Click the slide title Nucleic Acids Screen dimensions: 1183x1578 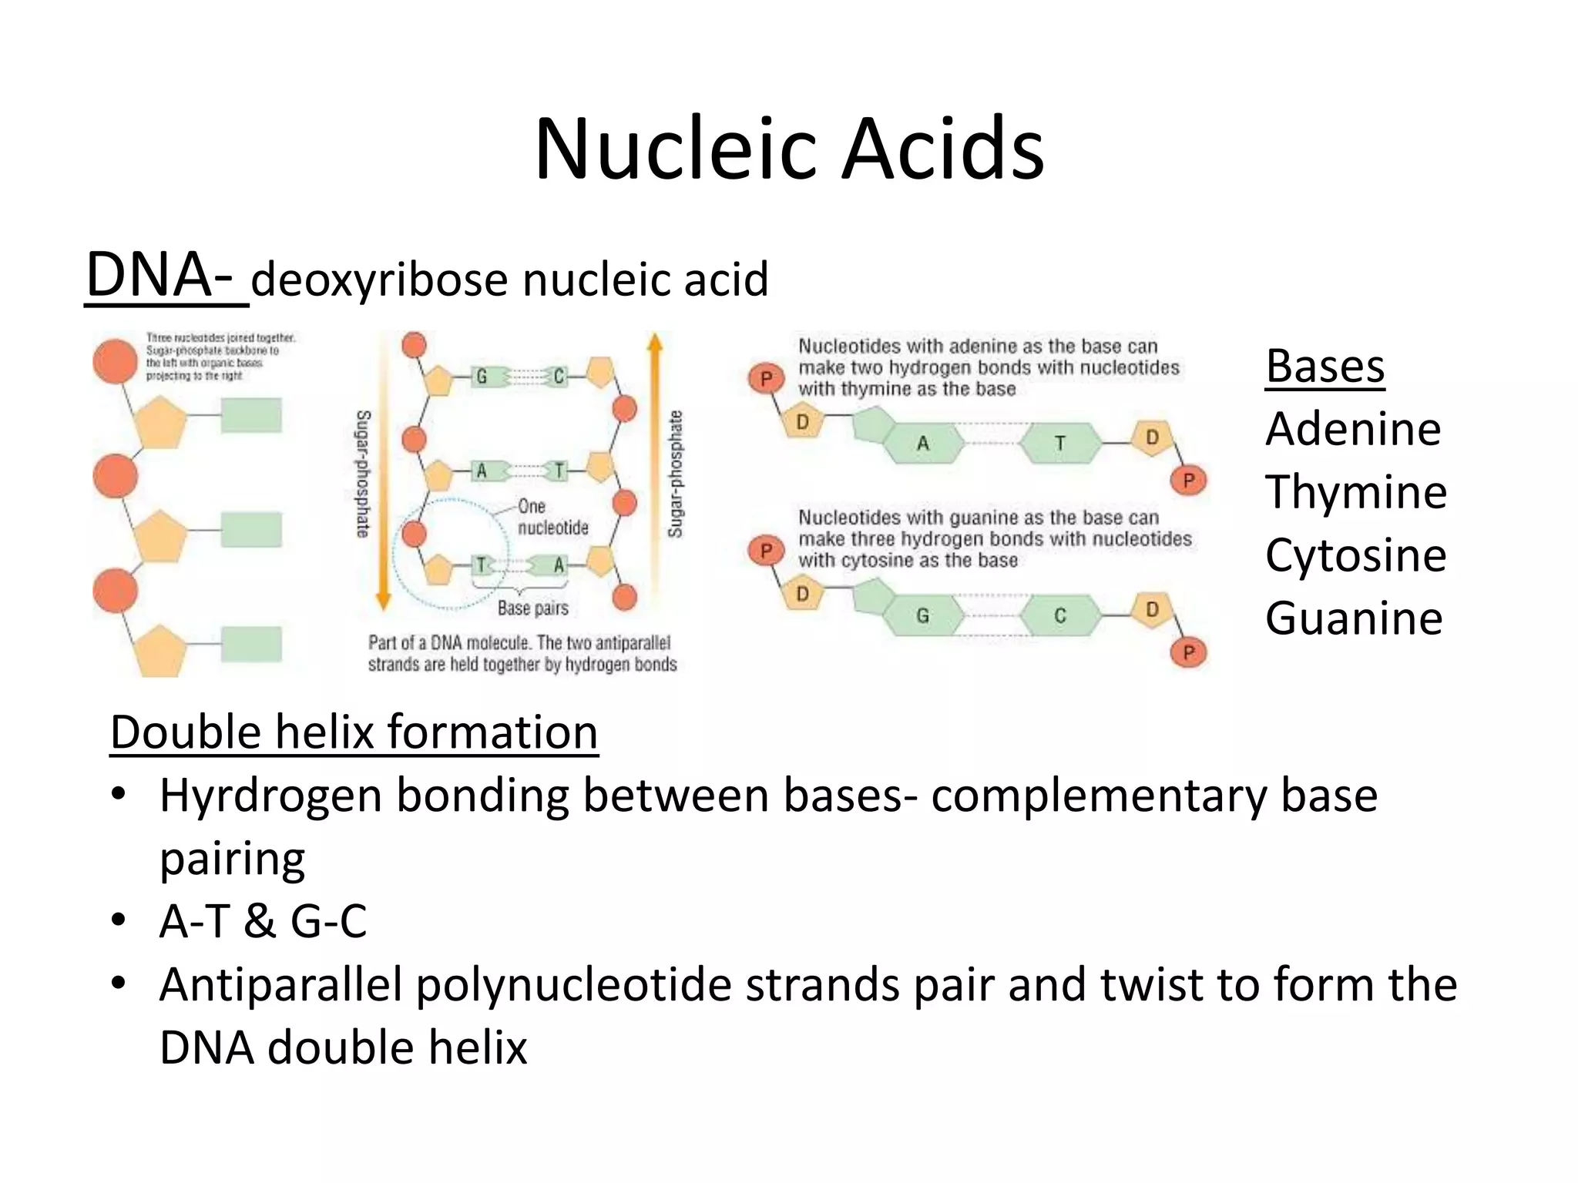789,149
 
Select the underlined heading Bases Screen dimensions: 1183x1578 1325,367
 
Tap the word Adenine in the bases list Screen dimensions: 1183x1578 1352,429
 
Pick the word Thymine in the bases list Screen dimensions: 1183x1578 1355,492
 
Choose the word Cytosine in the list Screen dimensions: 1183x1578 1355,555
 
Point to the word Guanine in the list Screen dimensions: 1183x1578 1353,618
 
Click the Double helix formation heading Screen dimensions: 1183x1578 354,732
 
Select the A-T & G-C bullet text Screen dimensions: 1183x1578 263,921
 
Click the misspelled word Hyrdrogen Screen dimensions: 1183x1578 270,796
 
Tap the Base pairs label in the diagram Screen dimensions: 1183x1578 532,608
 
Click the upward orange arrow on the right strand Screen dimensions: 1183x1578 655,462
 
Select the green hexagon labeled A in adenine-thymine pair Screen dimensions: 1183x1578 922,444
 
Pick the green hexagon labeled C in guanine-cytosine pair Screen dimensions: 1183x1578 1060,616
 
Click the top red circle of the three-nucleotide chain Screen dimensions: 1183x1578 115,361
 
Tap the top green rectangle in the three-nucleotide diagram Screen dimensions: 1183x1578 251,416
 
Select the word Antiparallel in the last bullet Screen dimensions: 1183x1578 280,985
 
